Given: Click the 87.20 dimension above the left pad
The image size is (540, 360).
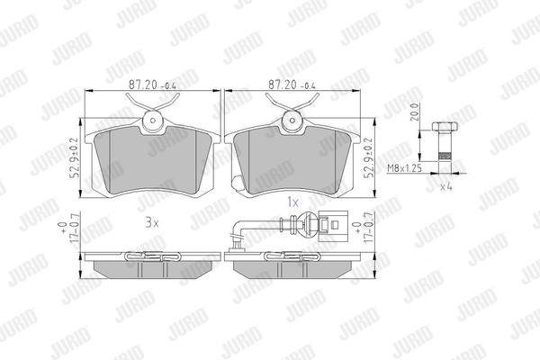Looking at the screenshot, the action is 152,85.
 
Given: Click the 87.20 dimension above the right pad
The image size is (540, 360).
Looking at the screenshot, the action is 292,85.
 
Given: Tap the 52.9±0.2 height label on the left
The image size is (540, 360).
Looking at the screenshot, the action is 75,157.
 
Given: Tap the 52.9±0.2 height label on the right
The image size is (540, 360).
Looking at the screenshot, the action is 369,157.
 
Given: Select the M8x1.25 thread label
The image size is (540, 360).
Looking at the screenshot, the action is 405,168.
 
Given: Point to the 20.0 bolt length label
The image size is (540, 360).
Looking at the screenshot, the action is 414,112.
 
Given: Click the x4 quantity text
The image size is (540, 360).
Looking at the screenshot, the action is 446,187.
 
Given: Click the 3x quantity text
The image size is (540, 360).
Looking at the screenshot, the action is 152,223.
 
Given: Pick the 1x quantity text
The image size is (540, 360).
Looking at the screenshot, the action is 293,202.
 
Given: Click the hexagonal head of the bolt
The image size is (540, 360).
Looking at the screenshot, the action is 445,126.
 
